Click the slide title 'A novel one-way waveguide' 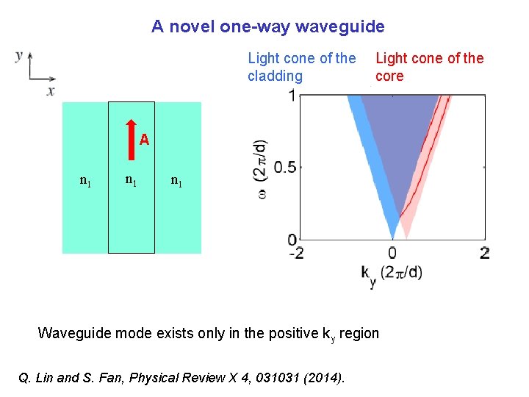(268, 27)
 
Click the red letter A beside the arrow (145, 140)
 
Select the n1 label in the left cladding (85, 179)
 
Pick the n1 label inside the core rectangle (131, 179)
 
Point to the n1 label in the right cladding (176, 179)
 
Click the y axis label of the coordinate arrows (18, 55)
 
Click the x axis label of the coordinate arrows (51, 91)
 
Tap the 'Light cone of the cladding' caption (301, 67)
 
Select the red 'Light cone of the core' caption (429, 67)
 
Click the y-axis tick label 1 (292, 96)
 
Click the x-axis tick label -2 (296, 254)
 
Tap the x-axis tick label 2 (484, 254)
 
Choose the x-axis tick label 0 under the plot (392, 254)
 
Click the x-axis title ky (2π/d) (392, 273)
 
